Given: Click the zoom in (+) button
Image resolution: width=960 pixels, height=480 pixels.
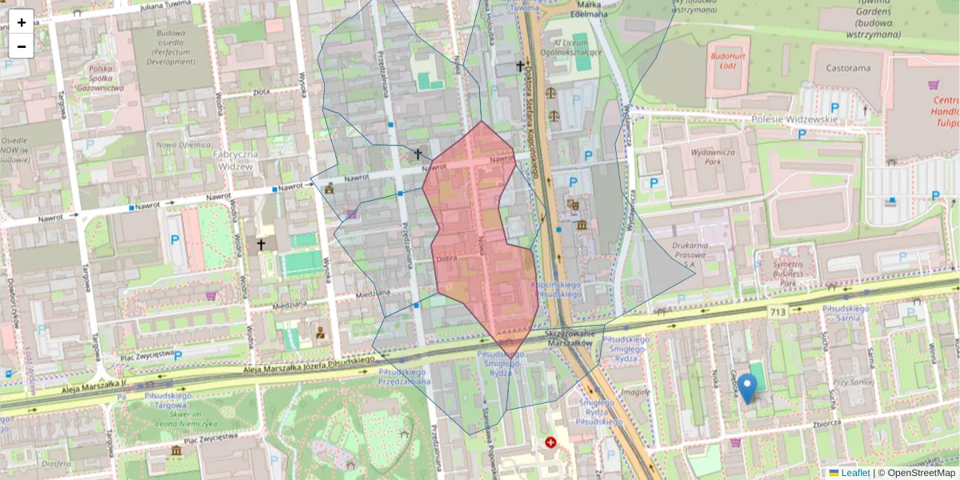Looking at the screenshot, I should [22, 22].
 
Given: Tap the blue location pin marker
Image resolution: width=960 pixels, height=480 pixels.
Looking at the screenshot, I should [746, 388].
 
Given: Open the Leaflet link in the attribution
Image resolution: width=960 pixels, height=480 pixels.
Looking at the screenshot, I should [855, 473].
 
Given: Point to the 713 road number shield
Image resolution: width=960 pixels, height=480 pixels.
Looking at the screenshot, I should [775, 311].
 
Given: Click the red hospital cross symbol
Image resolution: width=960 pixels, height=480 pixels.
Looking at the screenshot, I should [550, 442].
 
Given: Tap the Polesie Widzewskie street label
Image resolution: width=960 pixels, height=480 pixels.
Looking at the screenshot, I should [794, 119].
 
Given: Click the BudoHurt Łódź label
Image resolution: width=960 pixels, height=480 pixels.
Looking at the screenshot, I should [728, 60].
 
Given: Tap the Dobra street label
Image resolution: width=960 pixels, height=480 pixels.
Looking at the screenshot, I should [447, 258].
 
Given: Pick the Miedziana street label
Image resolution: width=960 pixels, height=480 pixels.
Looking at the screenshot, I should [290, 306].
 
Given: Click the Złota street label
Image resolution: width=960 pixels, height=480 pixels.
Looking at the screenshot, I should [260, 92].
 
